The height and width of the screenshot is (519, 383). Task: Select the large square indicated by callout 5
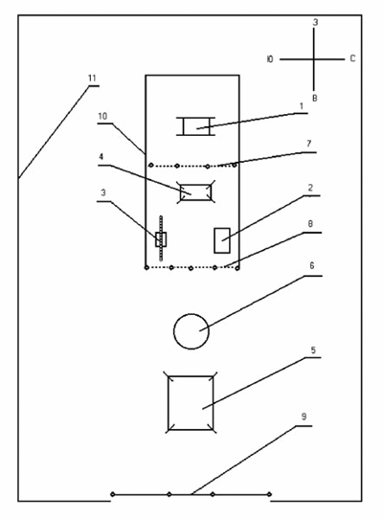(169, 403)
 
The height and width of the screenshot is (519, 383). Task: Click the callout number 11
(92, 79)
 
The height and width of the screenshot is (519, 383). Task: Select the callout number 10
(102, 116)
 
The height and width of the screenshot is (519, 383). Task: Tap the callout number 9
(304, 417)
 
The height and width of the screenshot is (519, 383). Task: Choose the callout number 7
(309, 144)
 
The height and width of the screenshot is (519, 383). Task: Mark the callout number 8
(310, 224)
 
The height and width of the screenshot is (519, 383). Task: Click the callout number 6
(311, 265)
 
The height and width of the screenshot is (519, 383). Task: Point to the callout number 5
(313, 350)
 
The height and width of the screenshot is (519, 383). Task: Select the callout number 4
(101, 156)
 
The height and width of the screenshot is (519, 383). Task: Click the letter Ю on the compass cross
(270, 59)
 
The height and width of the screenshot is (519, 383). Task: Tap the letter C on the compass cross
(352, 58)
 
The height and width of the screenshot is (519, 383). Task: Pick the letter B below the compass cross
(315, 98)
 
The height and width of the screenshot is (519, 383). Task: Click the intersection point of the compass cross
(314, 59)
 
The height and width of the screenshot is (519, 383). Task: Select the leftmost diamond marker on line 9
(113, 494)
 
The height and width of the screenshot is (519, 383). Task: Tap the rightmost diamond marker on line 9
(269, 494)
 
